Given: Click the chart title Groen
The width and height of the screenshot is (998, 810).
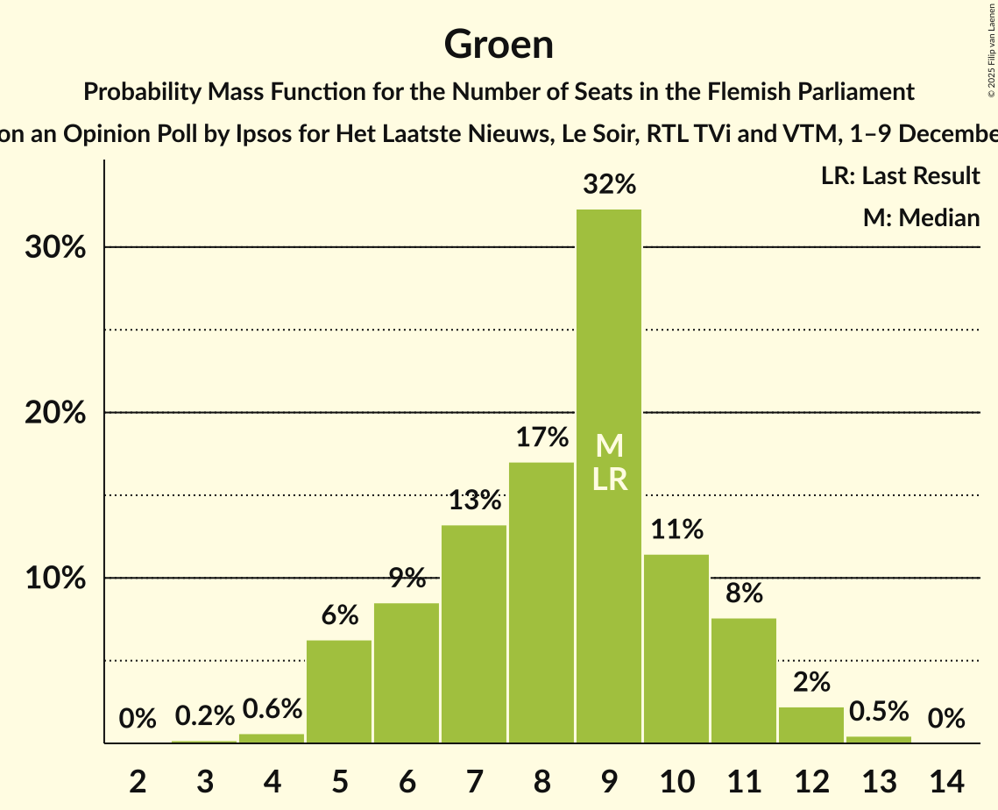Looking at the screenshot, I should pos(499,44).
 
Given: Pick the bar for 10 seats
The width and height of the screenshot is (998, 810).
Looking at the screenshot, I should pos(676,649).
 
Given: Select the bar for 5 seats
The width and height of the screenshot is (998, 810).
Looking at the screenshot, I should pos(339,692).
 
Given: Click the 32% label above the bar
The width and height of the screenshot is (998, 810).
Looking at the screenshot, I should pos(609,185).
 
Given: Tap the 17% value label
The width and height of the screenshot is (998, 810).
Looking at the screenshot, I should pos(541,437).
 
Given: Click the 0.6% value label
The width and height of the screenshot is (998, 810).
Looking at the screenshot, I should pos(272,708).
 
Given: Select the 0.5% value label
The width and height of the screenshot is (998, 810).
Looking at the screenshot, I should pos(879,711).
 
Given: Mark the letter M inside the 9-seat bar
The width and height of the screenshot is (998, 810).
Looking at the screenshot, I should pos(609,446).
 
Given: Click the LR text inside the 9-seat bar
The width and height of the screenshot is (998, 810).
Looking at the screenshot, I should pos(609,480).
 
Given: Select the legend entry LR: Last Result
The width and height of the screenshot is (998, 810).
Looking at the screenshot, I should pos(900,176).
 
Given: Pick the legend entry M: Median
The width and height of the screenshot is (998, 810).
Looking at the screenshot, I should pos(921,217).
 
